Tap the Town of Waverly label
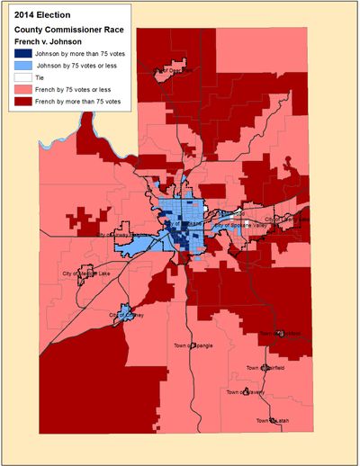pyautogui.click(x=246, y=392)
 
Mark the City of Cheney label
pyautogui.click(x=127, y=315)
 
